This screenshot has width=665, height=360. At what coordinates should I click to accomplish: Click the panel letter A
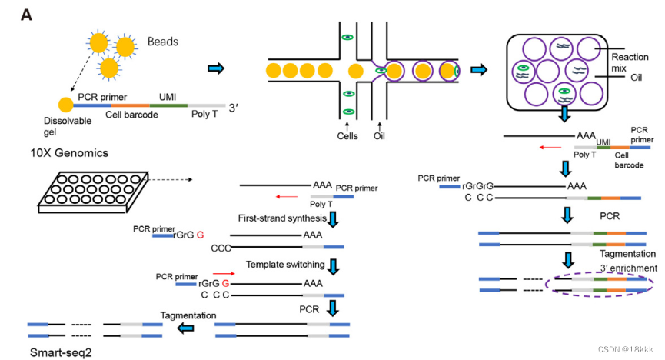tap(26, 15)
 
